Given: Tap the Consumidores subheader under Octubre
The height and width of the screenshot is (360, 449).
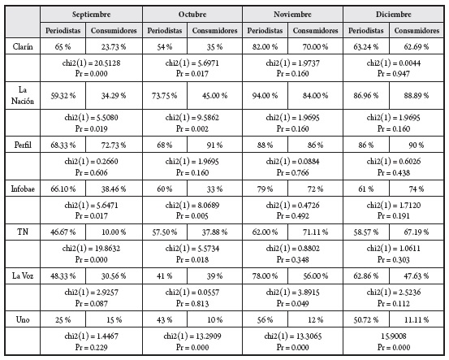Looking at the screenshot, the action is point(214,31).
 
